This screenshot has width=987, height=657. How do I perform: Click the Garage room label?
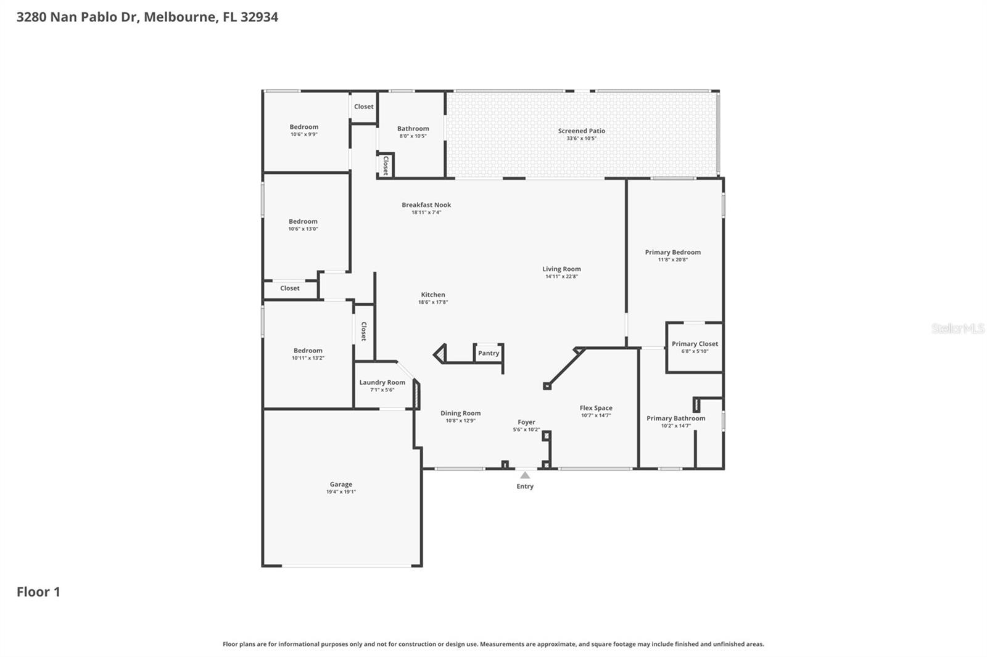tap(341, 484)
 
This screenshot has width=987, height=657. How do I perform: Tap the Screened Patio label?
tap(581, 131)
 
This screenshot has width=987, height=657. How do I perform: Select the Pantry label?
tap(488, 353)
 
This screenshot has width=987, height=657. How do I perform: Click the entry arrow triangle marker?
tap(525, 475)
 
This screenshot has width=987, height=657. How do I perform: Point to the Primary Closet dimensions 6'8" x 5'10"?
tap(695, 351)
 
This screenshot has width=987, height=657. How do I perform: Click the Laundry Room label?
tap(382, 382)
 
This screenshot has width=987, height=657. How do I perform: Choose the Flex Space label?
tap(596, 408)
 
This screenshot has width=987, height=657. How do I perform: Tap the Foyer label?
tap(526, 422)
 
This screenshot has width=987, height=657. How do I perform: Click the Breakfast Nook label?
tap(426, 205)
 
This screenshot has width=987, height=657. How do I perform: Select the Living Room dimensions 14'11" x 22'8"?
tap(561, 277)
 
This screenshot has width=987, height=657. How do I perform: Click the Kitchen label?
tap(433, 295)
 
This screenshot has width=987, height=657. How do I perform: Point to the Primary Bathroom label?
tap(675, 418)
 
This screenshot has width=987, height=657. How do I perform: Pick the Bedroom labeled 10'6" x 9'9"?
tap(304, 127)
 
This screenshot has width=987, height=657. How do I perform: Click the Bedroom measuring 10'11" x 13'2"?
tap(308, 351)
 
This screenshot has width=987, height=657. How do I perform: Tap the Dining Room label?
tap(460, 414)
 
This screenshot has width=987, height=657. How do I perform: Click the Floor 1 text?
tap(38, 592)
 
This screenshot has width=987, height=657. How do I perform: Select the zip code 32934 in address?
tap(259, 17)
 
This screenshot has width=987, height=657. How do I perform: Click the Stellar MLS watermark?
tap(957, 328)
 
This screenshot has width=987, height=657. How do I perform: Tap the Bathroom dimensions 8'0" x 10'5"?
tap(413, 136)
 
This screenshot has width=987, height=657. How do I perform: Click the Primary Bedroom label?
tap(672, 252)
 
